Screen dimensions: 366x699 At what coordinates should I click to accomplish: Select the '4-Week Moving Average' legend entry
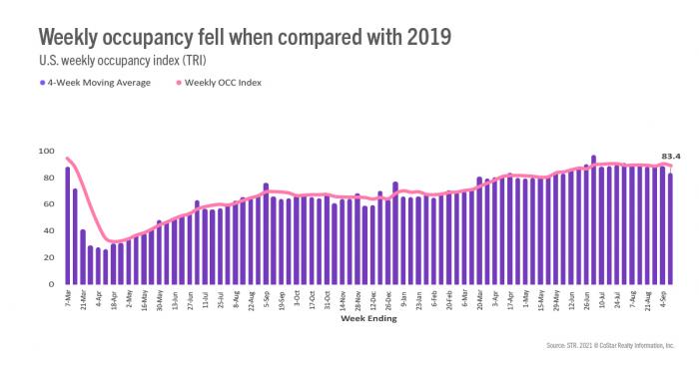click(x=97, y=82)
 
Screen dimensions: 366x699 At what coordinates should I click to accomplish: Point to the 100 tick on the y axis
click(x=45, y=151)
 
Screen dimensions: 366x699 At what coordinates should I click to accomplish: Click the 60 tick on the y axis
click(x=47, y=204)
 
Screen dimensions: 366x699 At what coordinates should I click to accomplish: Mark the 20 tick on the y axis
click(x=47, y=258)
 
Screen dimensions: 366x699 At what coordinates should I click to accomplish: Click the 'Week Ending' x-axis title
click(x=368, y=320)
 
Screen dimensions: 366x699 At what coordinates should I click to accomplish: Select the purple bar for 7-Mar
click(x=68, y=226)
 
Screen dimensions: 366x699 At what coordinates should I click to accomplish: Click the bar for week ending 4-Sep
click(x=670, y=229)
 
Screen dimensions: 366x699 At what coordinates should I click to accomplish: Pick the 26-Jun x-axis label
click(x=586, y=301)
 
